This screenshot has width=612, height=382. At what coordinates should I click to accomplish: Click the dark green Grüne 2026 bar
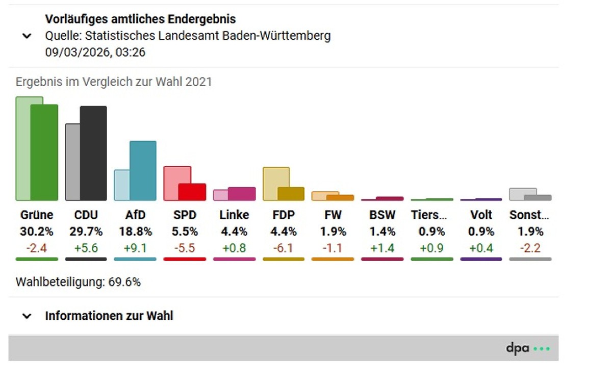[x=44, y=153]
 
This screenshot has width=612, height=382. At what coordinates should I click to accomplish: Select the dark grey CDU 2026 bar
[x=93, y=153]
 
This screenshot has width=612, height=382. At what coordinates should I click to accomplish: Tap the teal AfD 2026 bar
[x=143, y=171]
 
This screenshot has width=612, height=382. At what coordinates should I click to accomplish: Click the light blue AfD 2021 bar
[x=121, y=185]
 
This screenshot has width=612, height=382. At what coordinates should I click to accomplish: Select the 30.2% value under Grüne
[x=37, y=232]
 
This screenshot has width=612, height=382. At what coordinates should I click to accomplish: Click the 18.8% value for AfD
[x=136, y=232]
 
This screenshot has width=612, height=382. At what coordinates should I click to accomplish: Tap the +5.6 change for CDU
[x=86, y=248]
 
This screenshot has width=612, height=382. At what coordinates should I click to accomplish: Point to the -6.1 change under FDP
[x=284, y=248]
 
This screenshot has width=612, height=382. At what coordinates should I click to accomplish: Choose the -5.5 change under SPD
[x=185, y=248]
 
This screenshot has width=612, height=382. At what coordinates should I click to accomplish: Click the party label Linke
[x=234, y=215]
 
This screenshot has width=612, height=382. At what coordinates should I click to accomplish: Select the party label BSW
[x=382, y=215]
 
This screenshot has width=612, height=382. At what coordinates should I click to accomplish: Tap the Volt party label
[x=481, y=215]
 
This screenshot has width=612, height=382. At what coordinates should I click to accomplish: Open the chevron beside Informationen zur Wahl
[x=27, y=316]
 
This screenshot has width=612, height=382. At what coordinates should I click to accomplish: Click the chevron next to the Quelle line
[x=27, y=37]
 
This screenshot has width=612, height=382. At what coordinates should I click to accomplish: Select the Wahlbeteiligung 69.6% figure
[x=124, y=282]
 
